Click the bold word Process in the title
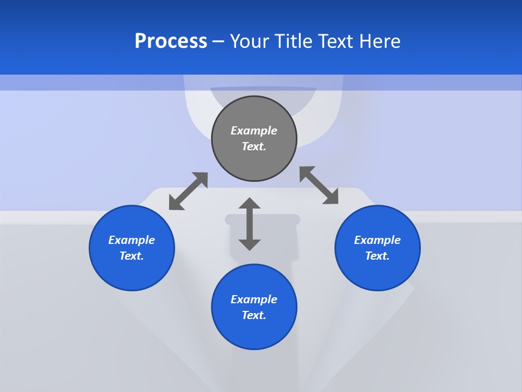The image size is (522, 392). coord(171,41)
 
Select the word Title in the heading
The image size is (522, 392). coord(294,41)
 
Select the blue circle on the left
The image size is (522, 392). coord(132,272)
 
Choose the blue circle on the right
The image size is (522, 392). coord(377,272)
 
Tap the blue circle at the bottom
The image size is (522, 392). coord(254,332)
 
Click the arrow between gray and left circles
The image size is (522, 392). coord(188,191)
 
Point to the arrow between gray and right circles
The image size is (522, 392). coord(319,185)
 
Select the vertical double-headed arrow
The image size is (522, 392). coord(250,224)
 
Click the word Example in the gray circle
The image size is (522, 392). coord(254,131)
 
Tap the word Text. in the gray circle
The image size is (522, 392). coord(254,146)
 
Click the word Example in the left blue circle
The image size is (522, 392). coord(132,240)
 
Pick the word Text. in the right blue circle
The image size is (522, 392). coord(377,256)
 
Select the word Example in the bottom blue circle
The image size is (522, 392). coord(254,299)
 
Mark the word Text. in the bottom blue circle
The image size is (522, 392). coord(254,315)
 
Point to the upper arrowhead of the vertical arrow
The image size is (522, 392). coord(250,203)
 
